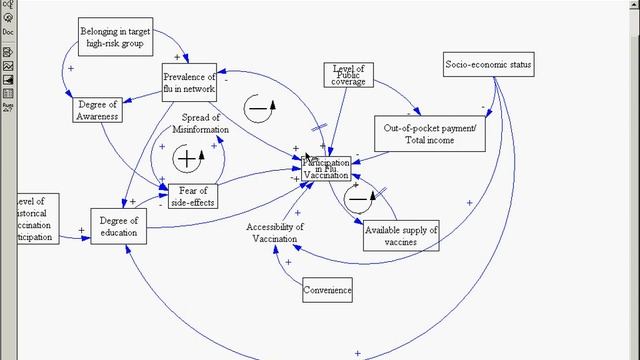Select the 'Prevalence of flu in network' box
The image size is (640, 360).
189,82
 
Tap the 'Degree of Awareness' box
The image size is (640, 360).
98,110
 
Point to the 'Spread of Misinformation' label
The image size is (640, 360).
200,124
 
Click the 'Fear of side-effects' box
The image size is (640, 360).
192,195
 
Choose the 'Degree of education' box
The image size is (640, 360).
120,226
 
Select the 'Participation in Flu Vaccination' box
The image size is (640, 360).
327,168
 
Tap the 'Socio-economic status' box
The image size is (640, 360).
489,66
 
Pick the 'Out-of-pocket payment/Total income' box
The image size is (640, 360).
432,134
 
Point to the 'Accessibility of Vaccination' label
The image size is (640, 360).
275,232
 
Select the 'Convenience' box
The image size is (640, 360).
328,291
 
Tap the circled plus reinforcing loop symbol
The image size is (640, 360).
187,158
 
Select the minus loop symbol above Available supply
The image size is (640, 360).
358,198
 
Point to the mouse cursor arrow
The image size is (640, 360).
309,156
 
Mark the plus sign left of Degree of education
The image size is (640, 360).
82,231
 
